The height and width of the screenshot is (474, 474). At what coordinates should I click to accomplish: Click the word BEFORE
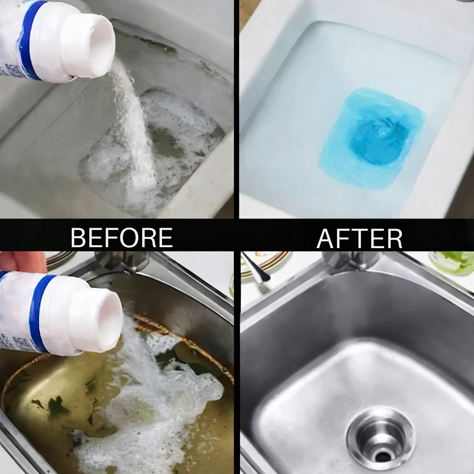coord(122,237)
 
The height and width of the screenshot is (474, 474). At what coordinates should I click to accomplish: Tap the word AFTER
coord(359,238)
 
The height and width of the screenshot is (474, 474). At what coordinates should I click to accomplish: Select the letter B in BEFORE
coord(79,237)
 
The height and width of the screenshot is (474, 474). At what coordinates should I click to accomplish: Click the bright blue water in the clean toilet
coord(373,139)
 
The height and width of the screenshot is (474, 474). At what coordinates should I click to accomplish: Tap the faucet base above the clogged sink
coord(121,261)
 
